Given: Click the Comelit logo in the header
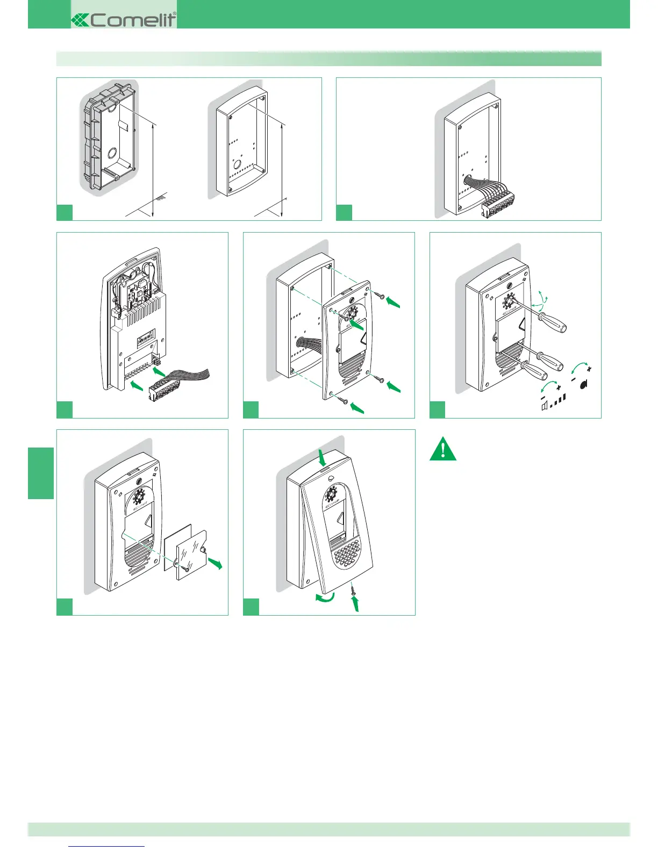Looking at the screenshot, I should (x=124, y=19).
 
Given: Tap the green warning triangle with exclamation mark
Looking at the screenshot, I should (x=443, y=450).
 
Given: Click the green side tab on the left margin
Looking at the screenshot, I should (x=41, y=473).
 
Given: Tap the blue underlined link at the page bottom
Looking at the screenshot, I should (x=107, y=847).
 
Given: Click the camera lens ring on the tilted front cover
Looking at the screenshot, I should (x=332, y=493).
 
